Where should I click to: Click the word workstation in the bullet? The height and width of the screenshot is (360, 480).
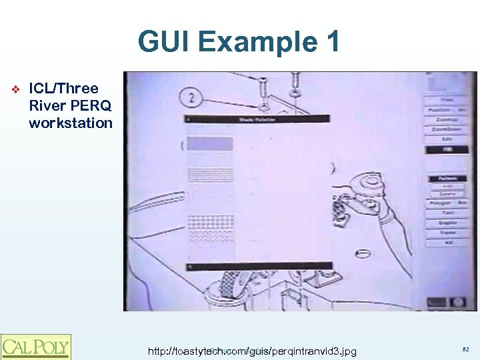click(x=71, y=123)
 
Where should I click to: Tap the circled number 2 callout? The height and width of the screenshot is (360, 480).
click(x=192, y=98)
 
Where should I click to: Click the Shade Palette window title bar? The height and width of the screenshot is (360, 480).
click(x=257, y=119)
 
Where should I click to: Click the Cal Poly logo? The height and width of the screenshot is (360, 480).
click(x=35, y=347)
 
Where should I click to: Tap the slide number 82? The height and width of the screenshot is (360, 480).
click(x=465, y=349)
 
